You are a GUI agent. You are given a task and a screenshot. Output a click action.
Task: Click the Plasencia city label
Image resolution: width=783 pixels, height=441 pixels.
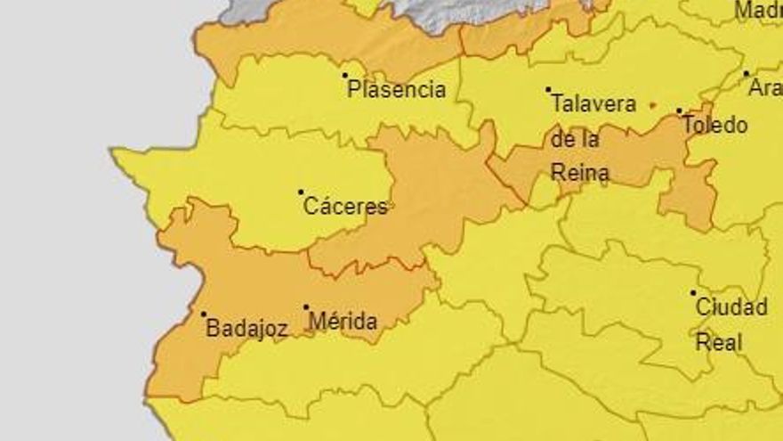click(x=396, y=89)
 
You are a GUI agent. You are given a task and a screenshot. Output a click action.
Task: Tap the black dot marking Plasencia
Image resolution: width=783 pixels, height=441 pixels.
click(x=345, y=75)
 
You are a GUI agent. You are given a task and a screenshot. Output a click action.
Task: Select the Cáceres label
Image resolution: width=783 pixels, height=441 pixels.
click(x=346, y=207)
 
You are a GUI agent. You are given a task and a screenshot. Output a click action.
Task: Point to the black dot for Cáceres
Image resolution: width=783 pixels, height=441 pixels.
click(x=301, y=192)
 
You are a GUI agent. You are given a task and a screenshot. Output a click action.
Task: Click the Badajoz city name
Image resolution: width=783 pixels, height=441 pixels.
click(x=246, y=328)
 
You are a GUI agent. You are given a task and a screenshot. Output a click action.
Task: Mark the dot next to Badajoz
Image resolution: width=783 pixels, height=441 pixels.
click(x=204, y=314)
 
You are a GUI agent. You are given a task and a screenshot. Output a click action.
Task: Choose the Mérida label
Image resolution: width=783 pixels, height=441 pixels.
click(x=343, y=322)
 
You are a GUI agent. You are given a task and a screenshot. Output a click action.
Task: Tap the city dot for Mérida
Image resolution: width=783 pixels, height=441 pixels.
click(x=306, y=307)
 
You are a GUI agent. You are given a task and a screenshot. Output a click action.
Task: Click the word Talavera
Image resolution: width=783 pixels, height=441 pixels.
click(x=593, y=104)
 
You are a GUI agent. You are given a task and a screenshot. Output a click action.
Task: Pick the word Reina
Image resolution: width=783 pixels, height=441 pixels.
click(x=580, y=172)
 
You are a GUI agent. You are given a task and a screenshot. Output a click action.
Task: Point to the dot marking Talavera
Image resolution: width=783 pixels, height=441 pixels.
click(x=548, y=89)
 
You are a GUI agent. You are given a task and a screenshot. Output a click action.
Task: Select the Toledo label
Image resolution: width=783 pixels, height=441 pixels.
click(x=714, y=125)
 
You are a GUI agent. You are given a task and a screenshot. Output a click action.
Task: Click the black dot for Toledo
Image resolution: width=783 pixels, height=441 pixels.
click(x=679, y=111)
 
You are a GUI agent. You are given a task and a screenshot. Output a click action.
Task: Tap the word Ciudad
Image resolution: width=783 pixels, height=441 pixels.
click(x=731, y=307)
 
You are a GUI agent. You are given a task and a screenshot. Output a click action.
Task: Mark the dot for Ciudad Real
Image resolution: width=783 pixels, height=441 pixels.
click(x=693, y=292)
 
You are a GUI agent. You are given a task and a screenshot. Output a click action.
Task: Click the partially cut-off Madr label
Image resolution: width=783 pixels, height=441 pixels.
click(x=758, y=11)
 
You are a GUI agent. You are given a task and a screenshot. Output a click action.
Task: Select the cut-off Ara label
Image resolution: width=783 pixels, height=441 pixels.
click(x=764, y=88)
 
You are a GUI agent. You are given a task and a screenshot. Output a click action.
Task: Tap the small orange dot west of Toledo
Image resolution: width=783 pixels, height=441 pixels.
click(x=653, y=105)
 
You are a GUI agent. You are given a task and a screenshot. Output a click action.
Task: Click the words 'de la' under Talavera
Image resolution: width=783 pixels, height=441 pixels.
click(x=575, y=139)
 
